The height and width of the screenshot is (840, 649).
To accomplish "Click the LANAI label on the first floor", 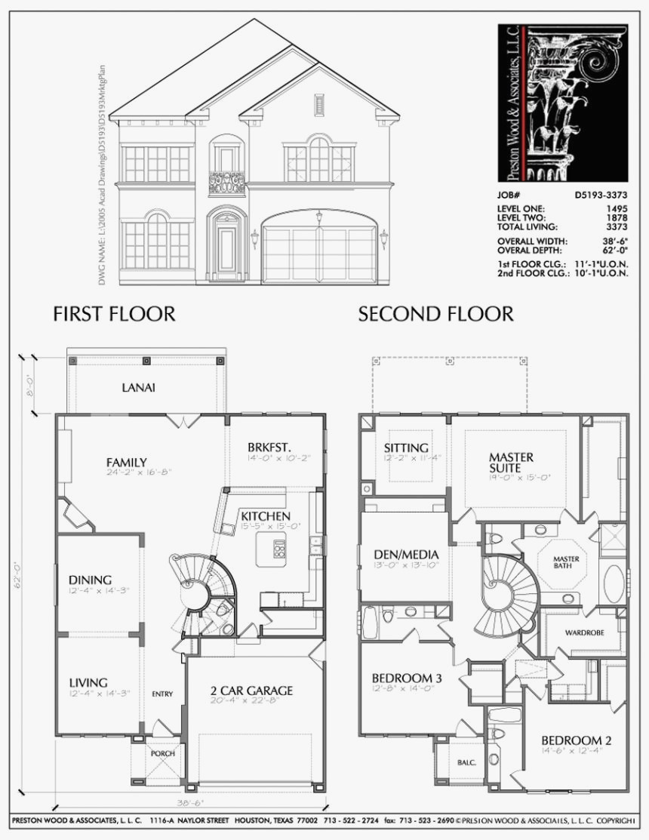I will click(139, 388).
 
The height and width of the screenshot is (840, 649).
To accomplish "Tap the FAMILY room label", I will click(126, 462).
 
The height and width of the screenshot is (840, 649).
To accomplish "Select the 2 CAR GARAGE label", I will click(253, 690).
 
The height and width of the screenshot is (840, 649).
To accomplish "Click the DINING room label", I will click(90, 580).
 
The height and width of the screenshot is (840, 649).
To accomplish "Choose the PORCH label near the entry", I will click(162, 753).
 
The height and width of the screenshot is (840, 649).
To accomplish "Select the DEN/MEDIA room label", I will click(406, 555).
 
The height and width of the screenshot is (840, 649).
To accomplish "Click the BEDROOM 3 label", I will click(407, 678).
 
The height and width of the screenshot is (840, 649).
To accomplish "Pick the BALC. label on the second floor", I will click(466, 762).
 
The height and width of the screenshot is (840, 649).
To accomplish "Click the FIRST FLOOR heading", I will click(114, 314).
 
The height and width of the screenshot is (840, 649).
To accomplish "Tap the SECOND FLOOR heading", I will click(435, 314).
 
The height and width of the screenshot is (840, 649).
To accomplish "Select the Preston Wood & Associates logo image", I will click(562, 103).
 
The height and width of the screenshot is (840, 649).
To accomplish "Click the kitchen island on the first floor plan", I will click(271, 549).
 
